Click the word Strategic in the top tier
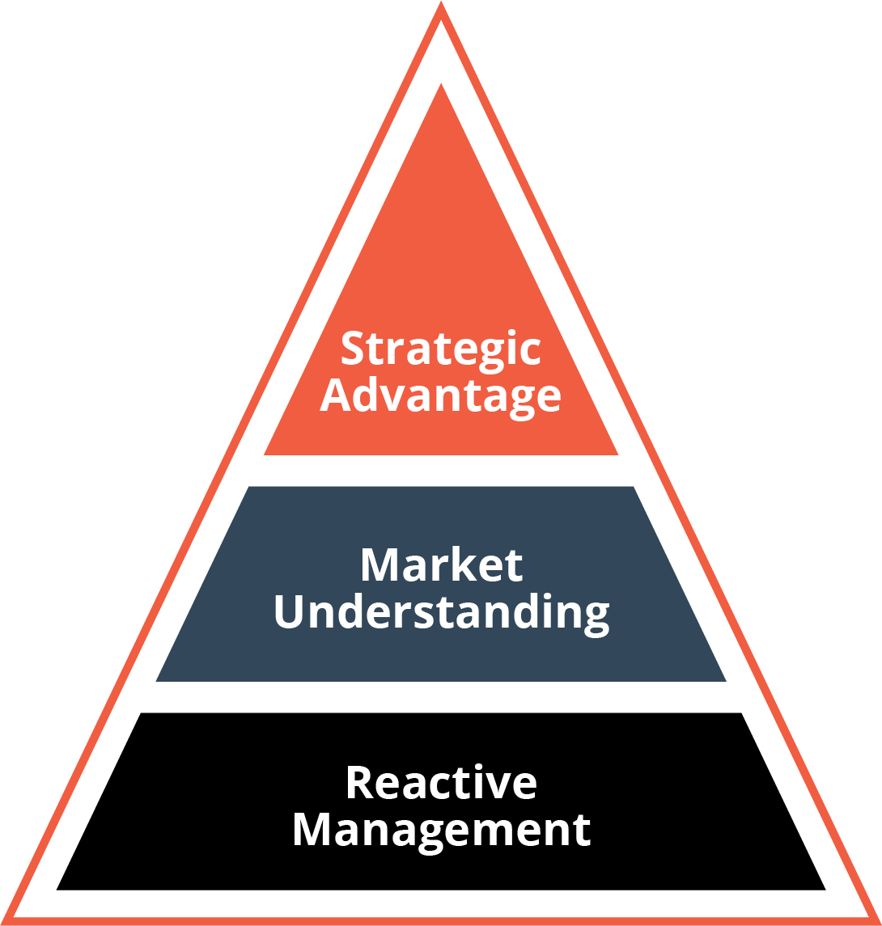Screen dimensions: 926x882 tap(440, 349)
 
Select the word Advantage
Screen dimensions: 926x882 tap(440, 395)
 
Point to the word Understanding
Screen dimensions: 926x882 tap(441, 612)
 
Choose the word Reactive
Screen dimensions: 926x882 tap(441, 783)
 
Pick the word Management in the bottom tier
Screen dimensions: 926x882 tap(441, 830)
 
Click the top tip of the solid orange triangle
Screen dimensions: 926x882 tap(441, 84)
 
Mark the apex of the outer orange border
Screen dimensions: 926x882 tap(441, 3)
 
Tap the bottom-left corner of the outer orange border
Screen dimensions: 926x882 tap(5, 921)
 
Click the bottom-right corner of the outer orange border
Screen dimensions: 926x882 tap(877, 921)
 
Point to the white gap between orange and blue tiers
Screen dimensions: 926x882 tap(441, 471)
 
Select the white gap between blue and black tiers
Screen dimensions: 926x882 tap(441, 697)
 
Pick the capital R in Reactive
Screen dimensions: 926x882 tap(358, 783)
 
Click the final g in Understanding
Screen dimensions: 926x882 tap(595, 616)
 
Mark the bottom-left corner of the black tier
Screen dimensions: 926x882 tap(57, 889)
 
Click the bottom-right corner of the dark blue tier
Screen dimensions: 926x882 tap(725, 680)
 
